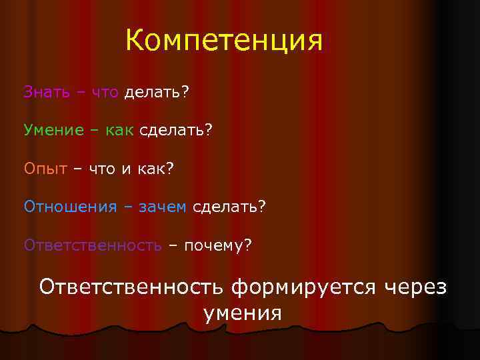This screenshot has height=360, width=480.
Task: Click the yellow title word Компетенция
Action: tap(223, 41)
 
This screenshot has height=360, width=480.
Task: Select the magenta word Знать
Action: tap(47, 92)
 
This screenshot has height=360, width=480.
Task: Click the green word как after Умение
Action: tap(120, 130)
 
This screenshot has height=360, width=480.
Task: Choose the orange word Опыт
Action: tap(45, 169)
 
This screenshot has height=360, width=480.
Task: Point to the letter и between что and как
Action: tap(127, 169)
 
